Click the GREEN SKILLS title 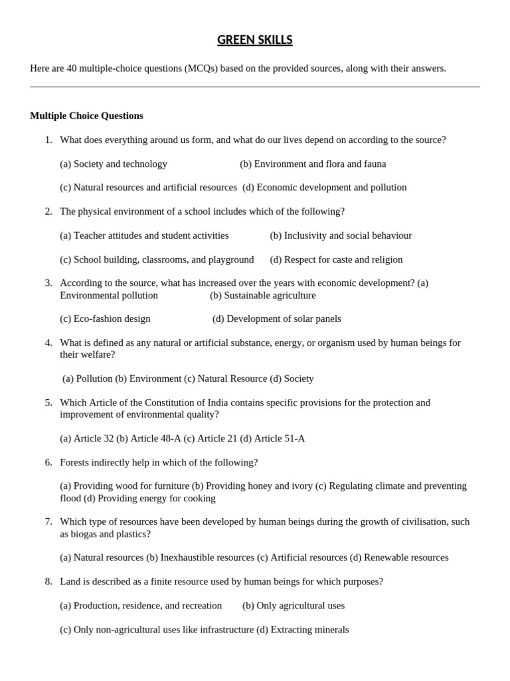tap(254, 41)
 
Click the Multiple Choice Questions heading tap(86, 116)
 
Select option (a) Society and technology tap(114, 164)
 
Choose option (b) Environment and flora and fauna tap(313, 164)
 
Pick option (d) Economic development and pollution tap(325, 188)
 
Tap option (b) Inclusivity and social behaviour tap(341, 235)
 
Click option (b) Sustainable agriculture tap(263, 295)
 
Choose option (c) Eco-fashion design tap(105, 319)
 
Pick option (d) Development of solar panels tap(277, 319)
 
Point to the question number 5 tap(48, 402)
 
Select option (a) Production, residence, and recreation tap(141, 606)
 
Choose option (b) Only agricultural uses tap(294, 606)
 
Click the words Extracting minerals tap(309, 630)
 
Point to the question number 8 tap(48, 582)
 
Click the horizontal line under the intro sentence tap(254, 86)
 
